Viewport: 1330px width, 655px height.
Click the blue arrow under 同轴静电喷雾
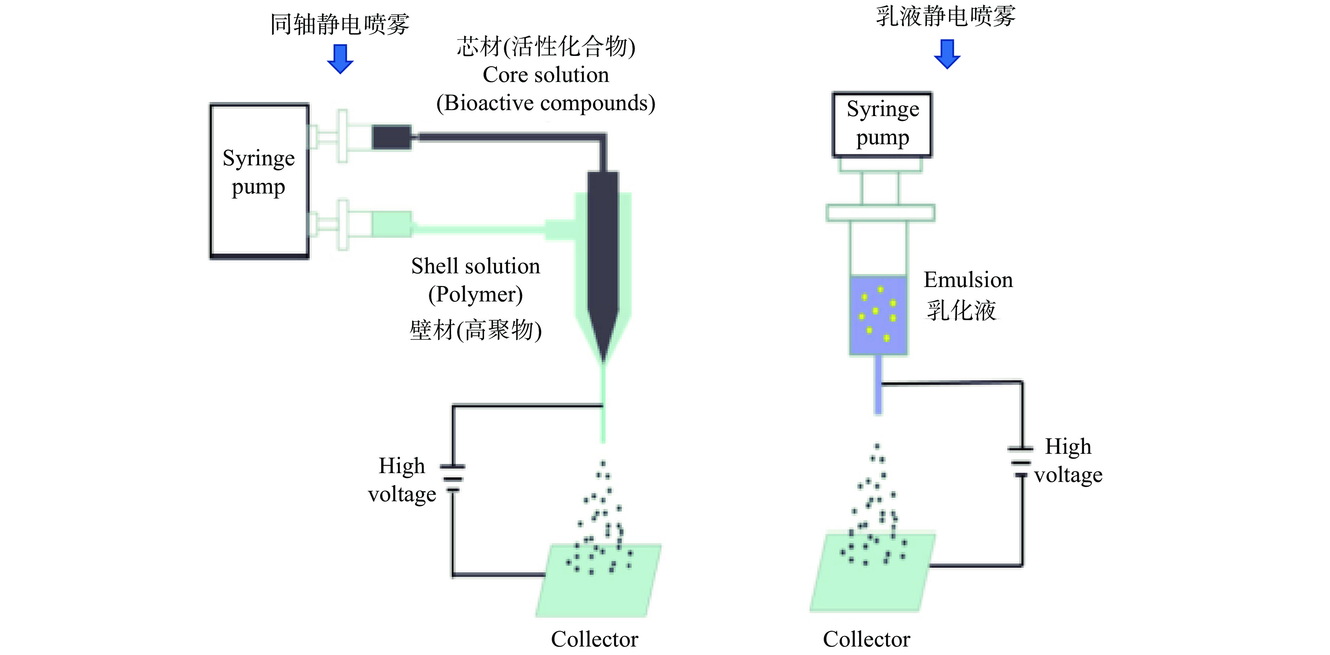340,58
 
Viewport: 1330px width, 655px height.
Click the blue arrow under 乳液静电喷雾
947,54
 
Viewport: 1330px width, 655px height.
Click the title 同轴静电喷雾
340,24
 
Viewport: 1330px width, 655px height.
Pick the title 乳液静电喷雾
945,16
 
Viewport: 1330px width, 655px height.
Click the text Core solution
546,75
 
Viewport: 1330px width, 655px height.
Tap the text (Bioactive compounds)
546,103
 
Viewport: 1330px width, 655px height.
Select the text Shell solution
475,266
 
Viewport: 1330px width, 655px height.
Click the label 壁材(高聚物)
475,330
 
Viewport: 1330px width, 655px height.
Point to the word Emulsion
968,280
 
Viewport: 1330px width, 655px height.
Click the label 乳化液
961,311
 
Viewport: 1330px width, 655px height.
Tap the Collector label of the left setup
594,640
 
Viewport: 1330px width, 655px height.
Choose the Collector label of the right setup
866,640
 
